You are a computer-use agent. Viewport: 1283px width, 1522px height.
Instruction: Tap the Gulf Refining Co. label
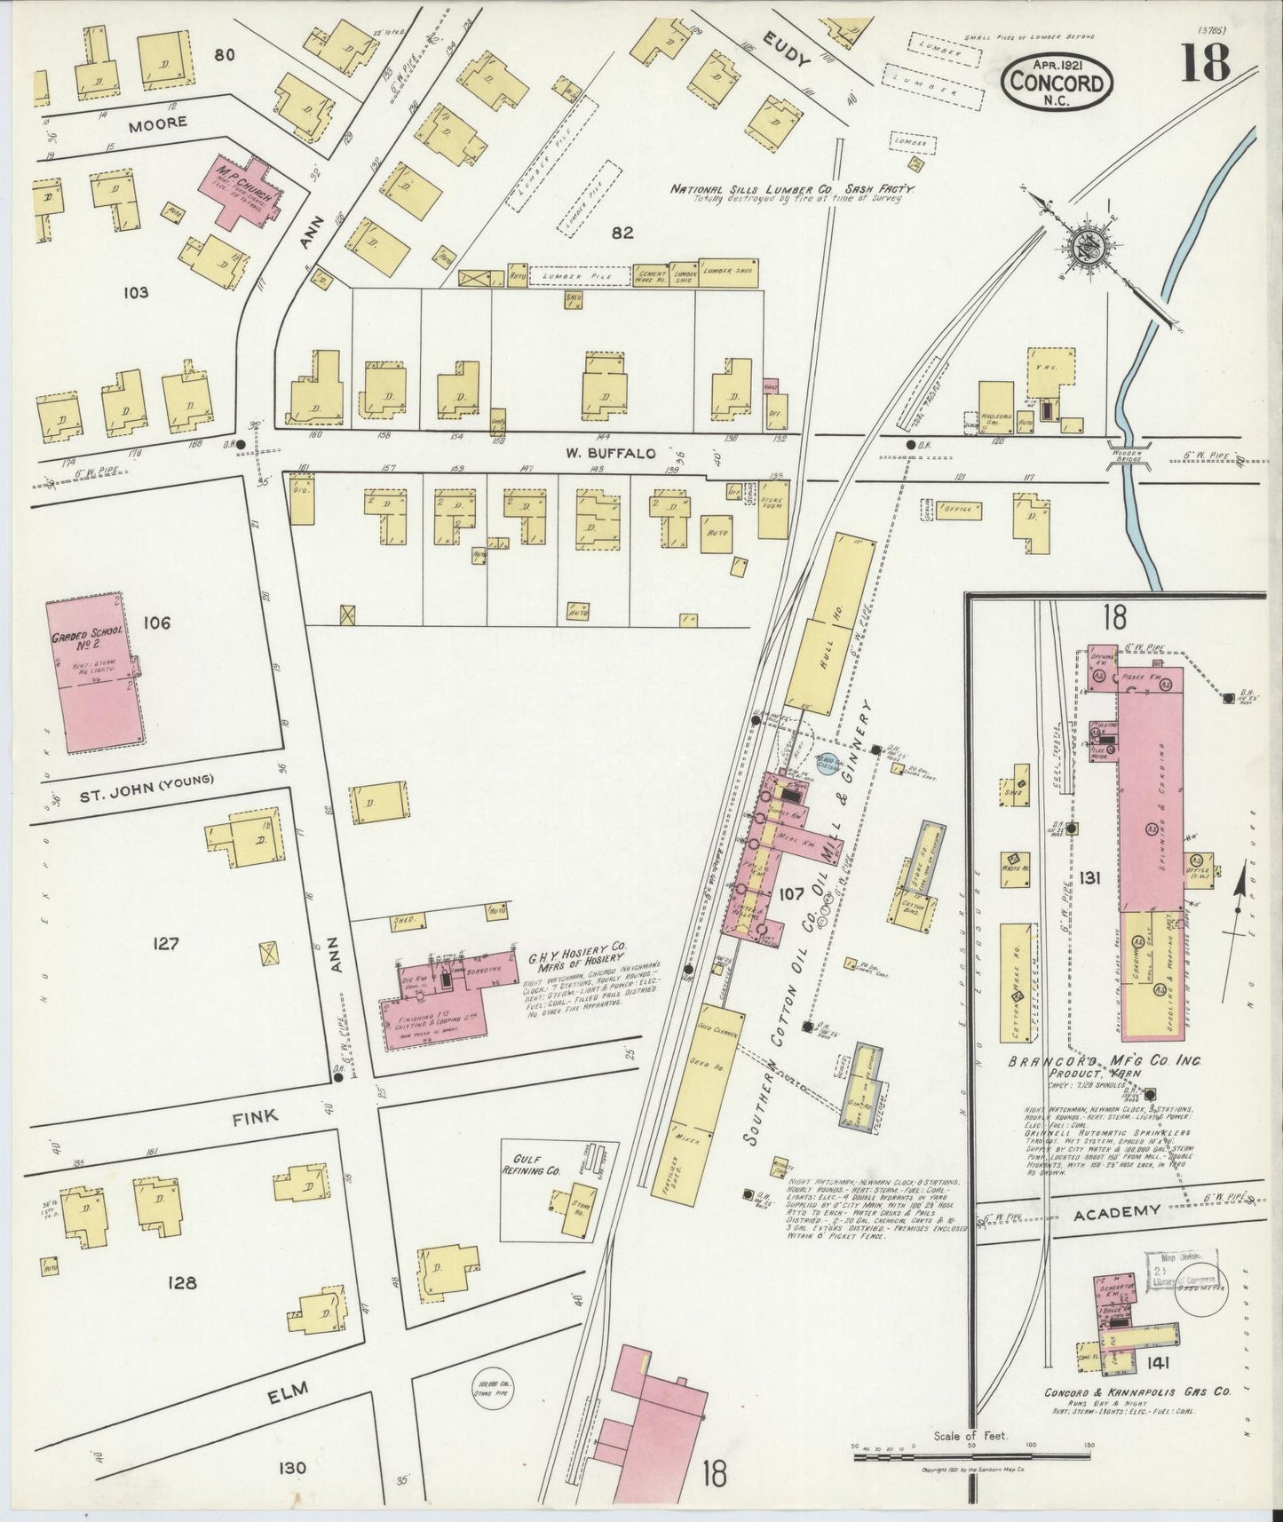pos(532,1164)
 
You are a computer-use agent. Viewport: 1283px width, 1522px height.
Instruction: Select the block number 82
pos(622,233)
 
